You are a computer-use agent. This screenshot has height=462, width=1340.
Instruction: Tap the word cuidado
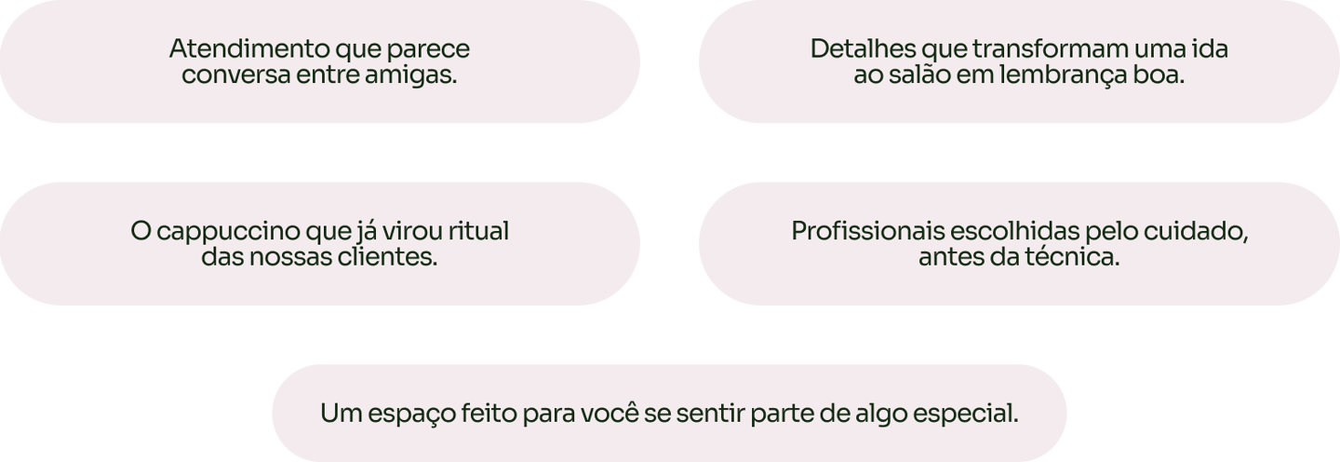tap(1201, 231)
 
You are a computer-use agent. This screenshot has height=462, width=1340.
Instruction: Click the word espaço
tap(409, 413)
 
